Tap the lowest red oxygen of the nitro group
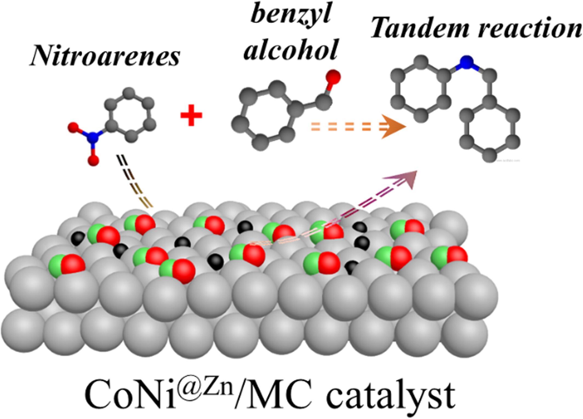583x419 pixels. click(93, 160)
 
